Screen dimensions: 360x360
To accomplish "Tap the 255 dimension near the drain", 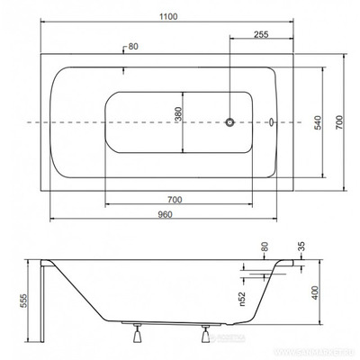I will click(262, 33).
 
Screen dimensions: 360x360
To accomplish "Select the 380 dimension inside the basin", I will click(178, 121).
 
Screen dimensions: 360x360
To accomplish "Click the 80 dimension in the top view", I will click(134, 47).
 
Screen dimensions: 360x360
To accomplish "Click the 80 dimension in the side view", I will click(265, 246).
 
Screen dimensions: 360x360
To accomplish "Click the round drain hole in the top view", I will click(229, 121).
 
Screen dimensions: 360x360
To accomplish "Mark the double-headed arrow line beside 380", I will click(184, 121).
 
